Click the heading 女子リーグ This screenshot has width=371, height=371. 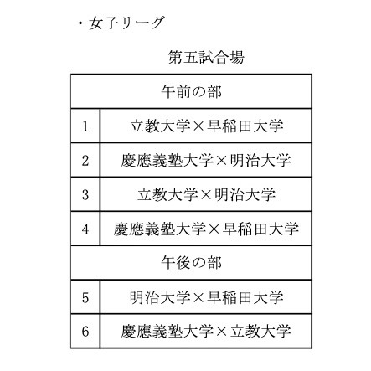pos(126,23)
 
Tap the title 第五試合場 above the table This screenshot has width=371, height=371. pos(206,57)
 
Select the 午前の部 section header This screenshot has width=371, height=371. pos(191,91)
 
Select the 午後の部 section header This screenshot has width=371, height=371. pos(191,263)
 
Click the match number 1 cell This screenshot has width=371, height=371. pos(85,126)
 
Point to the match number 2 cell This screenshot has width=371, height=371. pos(85,161)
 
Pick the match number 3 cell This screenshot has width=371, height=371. pos(85,194)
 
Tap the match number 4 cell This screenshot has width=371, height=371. pos(85,229)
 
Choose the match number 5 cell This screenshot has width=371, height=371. pos(85,297)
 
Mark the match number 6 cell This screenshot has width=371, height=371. pos(85,332)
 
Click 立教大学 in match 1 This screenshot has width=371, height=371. pos(160,126)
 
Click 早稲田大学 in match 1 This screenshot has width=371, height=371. pos(245,126)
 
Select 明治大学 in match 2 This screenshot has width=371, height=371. pos(260,161)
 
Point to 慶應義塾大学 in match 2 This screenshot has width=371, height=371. pos(167,161)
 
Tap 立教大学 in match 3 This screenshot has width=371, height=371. pos(167,194)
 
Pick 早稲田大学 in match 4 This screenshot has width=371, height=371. pos(260,229)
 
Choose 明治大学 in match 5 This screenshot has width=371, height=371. pos(160,297)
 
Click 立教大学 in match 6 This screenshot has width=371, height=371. pos(260,332)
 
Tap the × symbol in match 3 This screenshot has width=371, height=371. pos(206,195)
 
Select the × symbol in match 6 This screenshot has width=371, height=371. pos(222,332)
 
